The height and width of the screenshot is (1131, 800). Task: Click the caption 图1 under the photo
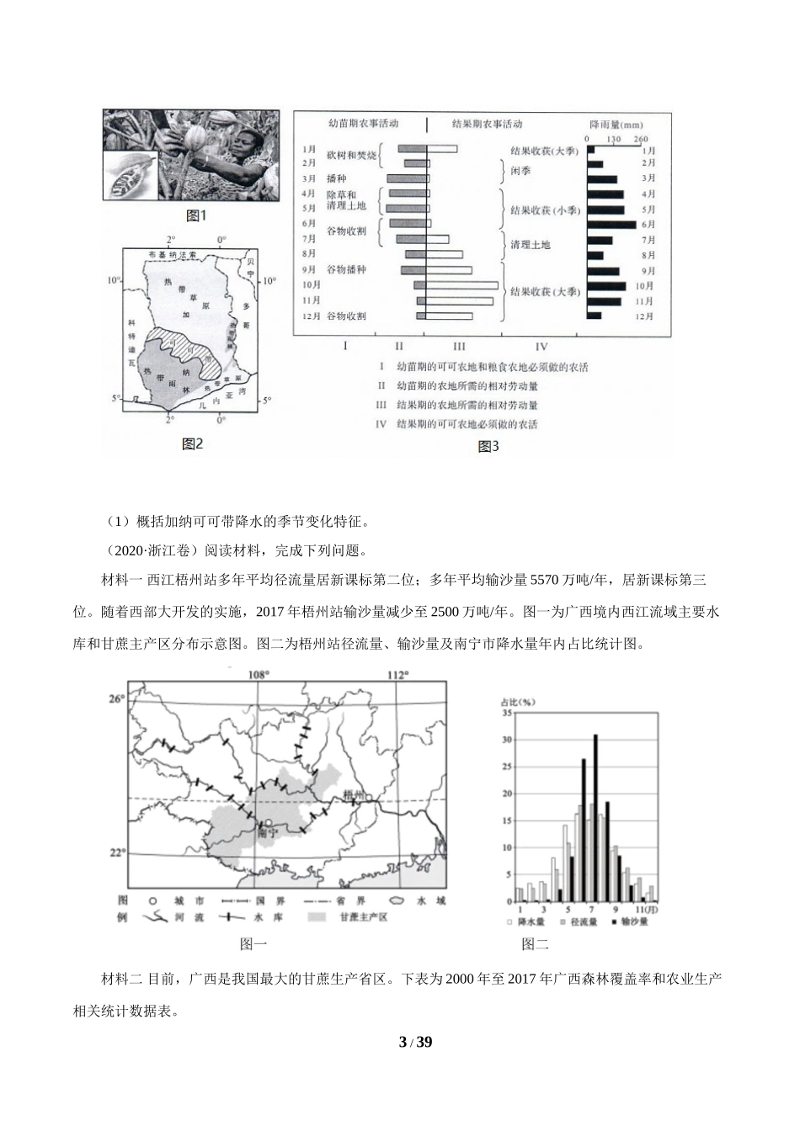pyautogui.click(x=195, y=216)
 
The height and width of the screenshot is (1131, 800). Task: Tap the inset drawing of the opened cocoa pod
pyautogui.click(x=130, y=173)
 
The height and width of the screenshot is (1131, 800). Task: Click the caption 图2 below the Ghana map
pyautogui.click(x=193, y=443)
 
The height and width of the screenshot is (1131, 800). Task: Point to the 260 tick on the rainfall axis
pyautogui.click(x=640, y=139)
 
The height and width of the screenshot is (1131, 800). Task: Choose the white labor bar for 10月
pyautogui.click(x=461, y=285)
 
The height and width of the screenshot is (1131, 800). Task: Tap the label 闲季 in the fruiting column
pyautogui.click(x=520, y=170)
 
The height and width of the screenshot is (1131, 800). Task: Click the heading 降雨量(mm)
pyautogui.click(x=618, y=124)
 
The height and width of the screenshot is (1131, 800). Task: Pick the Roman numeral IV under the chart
pyautogui.click(x=541, y=346)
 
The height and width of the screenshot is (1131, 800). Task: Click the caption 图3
pyautogui.click(x=488, y=446)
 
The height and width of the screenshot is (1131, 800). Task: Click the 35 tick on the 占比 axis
pyautogui.click(x=506, y=713)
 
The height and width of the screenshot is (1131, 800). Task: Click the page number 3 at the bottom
pyautogui.click(x=403, y=1043)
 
